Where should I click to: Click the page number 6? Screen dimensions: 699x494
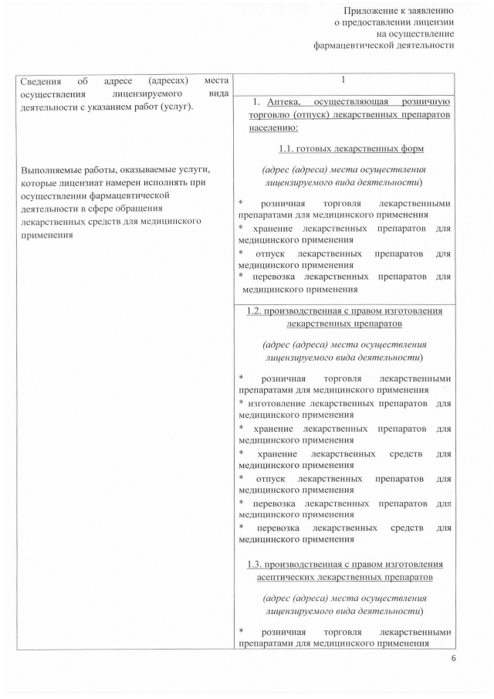pyautogui.click(x=453, y=658)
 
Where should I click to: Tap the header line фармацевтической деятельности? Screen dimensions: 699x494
pyautogui.click(x=384, y=45)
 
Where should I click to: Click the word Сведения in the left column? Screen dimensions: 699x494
pyautogui.click(x=38, y=81)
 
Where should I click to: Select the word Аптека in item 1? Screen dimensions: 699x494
pyautogui.click(x=287, y=102)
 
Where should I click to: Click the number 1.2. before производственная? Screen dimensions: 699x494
pyautogui.click(x=255, y=311)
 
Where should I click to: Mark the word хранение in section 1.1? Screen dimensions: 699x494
pyautogui.click(x=272, y=228)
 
